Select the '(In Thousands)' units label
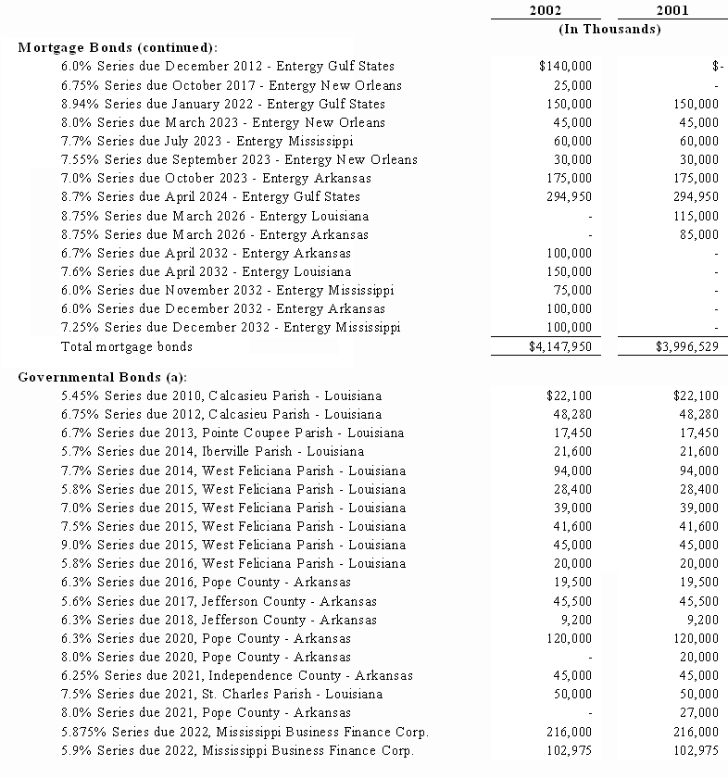pos(609,29)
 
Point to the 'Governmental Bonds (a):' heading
pos(102,377)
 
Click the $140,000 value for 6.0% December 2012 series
pos(564,66)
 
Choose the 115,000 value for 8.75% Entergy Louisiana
pos(696,216)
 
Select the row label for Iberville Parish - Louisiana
pos(212,451)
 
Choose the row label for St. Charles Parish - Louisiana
pos(221,694)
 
